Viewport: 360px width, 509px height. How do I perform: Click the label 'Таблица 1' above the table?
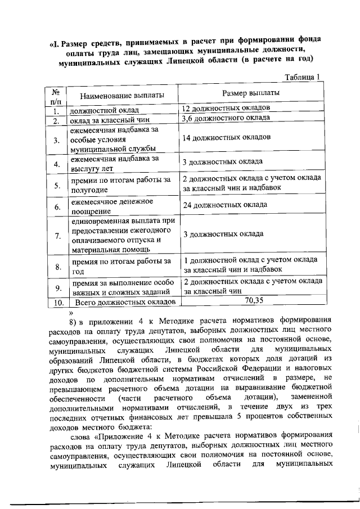coord(302,77)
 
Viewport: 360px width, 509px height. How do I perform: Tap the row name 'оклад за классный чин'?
coord(105,120)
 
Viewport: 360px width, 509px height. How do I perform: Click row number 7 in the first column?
coord(57,235)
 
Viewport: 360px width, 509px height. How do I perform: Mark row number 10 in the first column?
coord(57,303)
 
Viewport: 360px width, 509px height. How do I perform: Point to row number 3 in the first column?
coord(57,140)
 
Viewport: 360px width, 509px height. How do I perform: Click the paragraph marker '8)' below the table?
coord(73,322)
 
